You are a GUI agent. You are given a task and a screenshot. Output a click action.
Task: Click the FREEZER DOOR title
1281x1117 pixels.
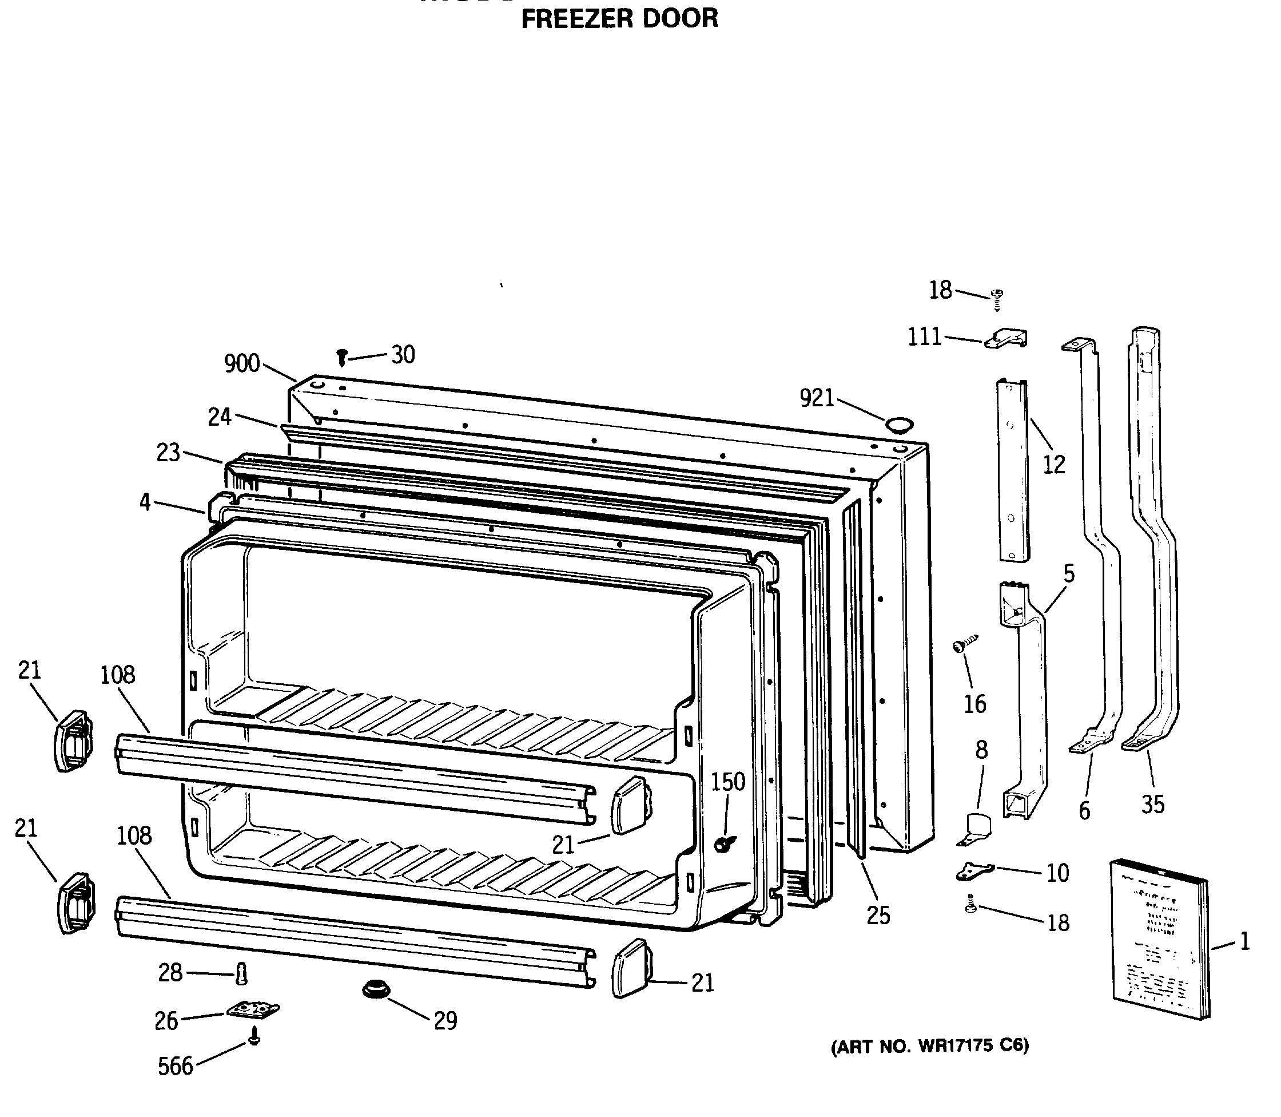click(x=619, y=19)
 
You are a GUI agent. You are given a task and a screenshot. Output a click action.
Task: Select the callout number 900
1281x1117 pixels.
click(x=242, y=363)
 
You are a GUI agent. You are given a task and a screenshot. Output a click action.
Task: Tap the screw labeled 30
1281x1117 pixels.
click(x=341, y=357)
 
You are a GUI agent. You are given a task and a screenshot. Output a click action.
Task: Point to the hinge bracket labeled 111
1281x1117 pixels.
click(x=1006, y=339)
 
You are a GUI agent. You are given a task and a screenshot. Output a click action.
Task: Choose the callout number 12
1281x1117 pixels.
click(x=1053, y=465)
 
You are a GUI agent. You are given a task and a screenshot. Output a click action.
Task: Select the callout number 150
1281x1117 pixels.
click(x=728, y=782)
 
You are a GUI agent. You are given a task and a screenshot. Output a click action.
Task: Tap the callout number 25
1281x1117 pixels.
click(x=878, y=915)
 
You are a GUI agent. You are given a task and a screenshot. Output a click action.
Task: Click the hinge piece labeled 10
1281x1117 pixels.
click(x=973, y=871)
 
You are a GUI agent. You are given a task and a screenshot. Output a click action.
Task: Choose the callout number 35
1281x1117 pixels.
click(x=1153, y=804)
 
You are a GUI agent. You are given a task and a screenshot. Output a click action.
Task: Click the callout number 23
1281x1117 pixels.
click(x=168, y=453)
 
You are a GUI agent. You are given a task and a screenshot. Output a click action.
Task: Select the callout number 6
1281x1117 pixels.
click(x=1085, y=810)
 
